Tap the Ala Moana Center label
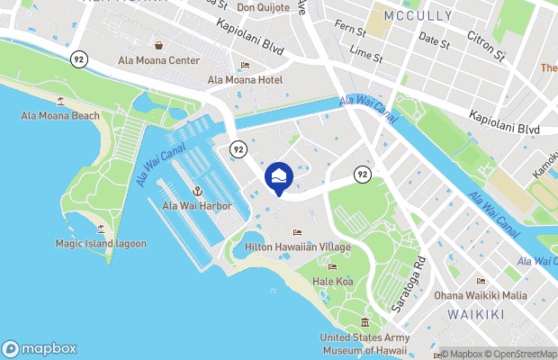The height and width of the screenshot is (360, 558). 158,61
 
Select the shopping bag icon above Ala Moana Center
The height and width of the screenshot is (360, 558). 158,45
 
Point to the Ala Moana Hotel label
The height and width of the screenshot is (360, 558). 245,80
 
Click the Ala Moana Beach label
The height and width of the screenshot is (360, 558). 60,116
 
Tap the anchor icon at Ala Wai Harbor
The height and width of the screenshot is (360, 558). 196,191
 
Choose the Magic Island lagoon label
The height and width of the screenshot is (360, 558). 100,244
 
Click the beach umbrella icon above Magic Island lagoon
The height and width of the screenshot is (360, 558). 100,229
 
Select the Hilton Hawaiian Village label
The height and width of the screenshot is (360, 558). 297,247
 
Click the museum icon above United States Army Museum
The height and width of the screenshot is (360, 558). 364,322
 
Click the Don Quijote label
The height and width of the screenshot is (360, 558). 264,8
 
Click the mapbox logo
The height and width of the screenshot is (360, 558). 40,348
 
